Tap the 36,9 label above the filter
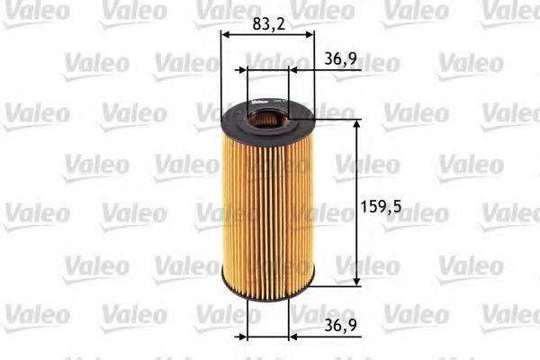pos(336,58)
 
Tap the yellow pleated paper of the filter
pos(268,207)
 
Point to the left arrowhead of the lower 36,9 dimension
pos(242,337)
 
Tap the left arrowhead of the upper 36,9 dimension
pos(242,68)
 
